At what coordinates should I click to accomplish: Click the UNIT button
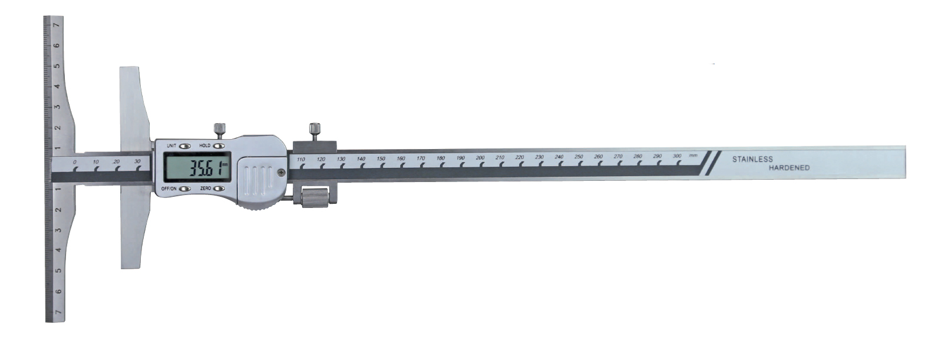(x=185, y=146)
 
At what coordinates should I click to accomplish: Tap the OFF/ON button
(x=185, y=189)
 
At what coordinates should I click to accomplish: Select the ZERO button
(x=219, y=189)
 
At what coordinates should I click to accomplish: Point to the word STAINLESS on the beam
(x=752, y=159)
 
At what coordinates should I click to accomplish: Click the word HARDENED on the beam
(x=789, y=168)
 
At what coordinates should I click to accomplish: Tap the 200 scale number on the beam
(x=480, y=158)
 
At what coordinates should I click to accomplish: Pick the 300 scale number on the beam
(x=677, y=156)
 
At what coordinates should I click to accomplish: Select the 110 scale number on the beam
(x=300, y=160)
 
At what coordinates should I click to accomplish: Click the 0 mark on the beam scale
(x=75, y=162)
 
